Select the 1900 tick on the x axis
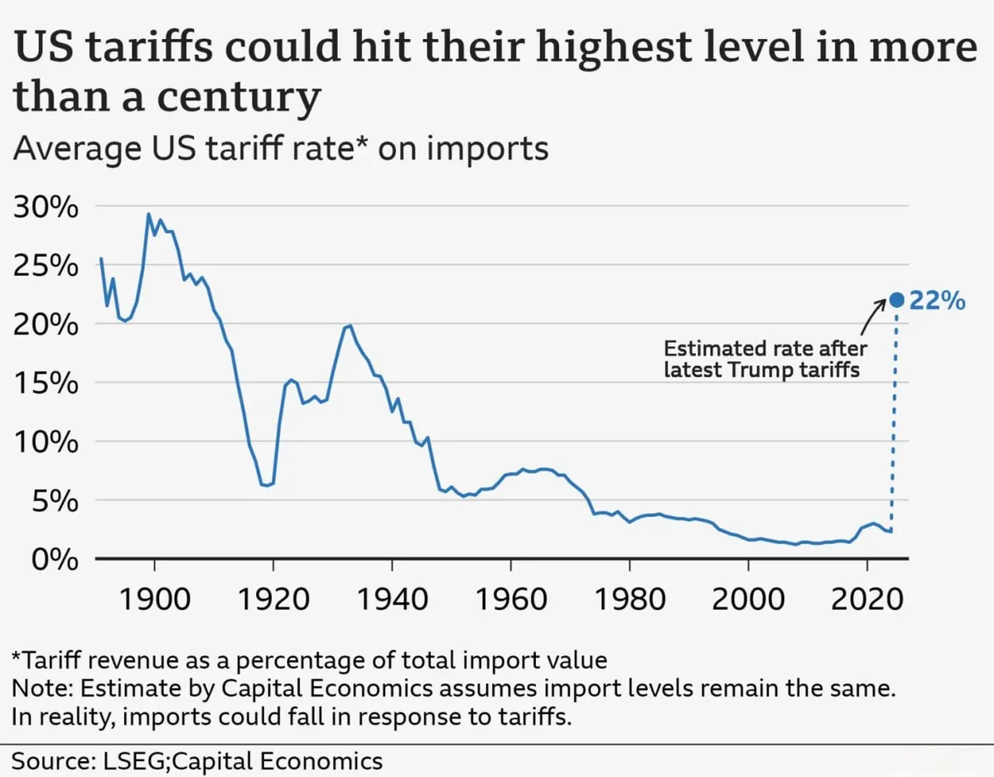[x=154, y=598]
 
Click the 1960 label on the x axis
[x=511, y=598]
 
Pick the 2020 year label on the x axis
[x=867, y=598]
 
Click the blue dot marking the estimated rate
[x=895, y=300]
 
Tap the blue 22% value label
[x=938, y=301]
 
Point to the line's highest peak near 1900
[x=149, y=215]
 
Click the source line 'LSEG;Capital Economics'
[x=197, y=760]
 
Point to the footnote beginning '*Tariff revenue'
[x=310, y=660]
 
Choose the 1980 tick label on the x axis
[x=630, y=598]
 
